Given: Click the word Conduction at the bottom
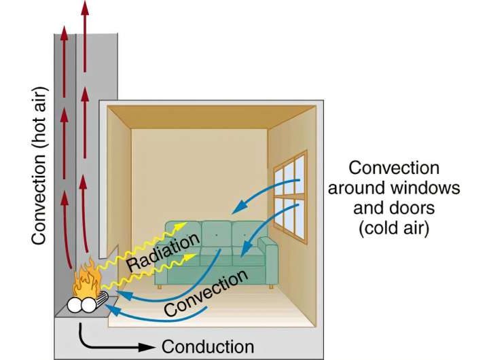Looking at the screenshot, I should pos(208,346).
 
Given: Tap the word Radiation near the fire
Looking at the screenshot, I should pos(163,252).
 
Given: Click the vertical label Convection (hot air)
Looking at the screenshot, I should pos(39,166).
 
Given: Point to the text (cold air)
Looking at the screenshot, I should pos(394,228).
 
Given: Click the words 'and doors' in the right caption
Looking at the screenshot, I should pos(394,207).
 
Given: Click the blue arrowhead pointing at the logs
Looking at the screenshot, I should pos(111,310).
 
